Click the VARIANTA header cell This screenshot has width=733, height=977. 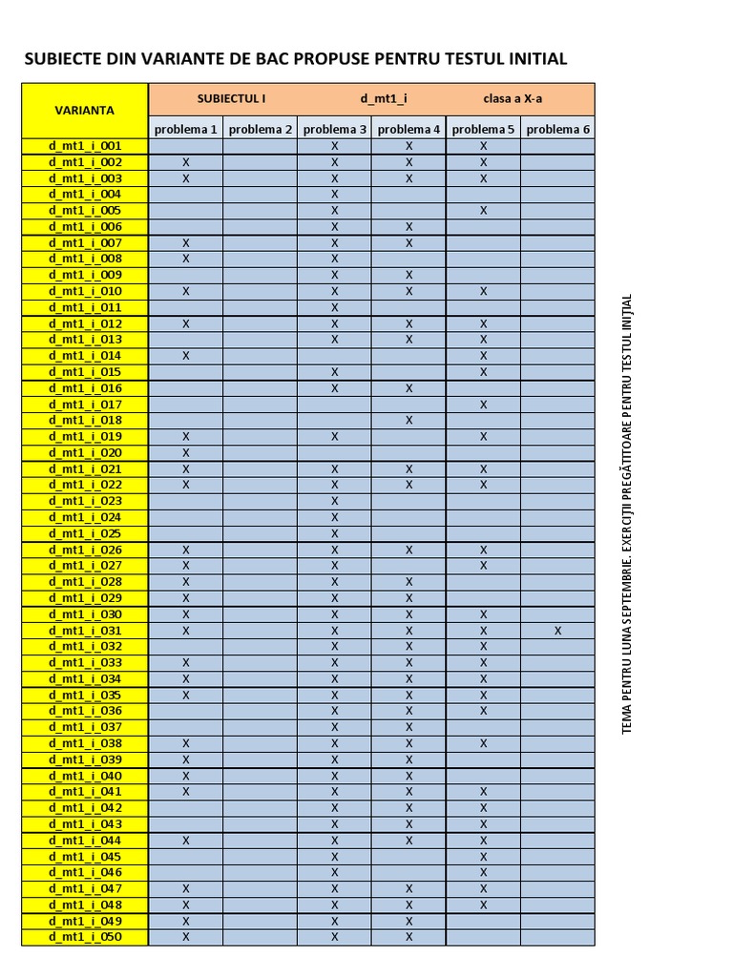coord(85,110)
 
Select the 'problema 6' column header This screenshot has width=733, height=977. coord(557,130)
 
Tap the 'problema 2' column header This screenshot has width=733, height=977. coord(261,130)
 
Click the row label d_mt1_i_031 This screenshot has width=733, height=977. coord(85,631)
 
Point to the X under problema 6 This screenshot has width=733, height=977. coord(557,631)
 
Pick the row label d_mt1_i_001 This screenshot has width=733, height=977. coord(85,146)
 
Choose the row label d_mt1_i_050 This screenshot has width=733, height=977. coord(85,937)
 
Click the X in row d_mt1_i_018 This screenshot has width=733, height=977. coord(408,420)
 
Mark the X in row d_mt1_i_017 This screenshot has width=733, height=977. coord(484,405)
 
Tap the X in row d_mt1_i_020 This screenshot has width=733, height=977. coord(186,452)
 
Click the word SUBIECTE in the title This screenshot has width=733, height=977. coord(59,59)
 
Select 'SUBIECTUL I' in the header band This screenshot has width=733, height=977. coord(231,98)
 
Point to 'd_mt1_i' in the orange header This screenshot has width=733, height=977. coord(385,98)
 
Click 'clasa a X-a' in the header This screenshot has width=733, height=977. coord(513,98)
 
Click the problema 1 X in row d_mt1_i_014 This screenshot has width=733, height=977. coord(186,356)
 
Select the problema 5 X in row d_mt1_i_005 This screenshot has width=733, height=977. coord(484,211)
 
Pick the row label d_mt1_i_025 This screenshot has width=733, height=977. coord(85,533)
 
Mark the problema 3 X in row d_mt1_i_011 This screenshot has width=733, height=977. coord(335,307)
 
